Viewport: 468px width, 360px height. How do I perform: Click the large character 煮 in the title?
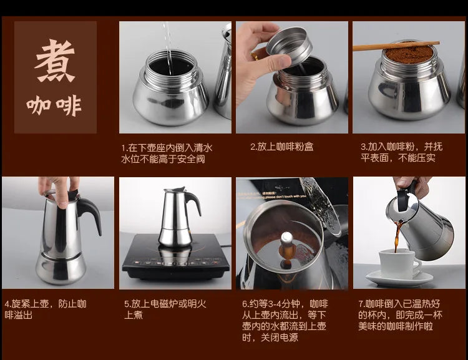coord(55,61)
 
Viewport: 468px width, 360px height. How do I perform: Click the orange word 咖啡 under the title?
coord(54,105)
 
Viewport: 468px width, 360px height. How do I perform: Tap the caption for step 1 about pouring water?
coord(167,153)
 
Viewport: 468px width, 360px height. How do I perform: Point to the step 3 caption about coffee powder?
coord(401,152)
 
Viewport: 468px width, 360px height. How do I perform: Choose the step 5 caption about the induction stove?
coord(165,309)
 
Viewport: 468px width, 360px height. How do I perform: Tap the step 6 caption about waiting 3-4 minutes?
coord(284,321)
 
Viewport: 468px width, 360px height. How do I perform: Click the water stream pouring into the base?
coord(167,41)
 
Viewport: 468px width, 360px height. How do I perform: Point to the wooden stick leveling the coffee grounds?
coord(396,46)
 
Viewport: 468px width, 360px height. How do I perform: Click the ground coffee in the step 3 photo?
coord(409,55)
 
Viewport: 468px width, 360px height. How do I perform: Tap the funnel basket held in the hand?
coord(290,46)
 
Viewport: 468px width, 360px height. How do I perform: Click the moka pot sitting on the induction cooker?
coord(176,218)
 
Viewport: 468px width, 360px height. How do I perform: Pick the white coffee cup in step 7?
coord(399,263)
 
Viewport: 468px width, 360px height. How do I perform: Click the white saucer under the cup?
coord(399,278)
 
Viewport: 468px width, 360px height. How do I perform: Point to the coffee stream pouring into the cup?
coord(396,238)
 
